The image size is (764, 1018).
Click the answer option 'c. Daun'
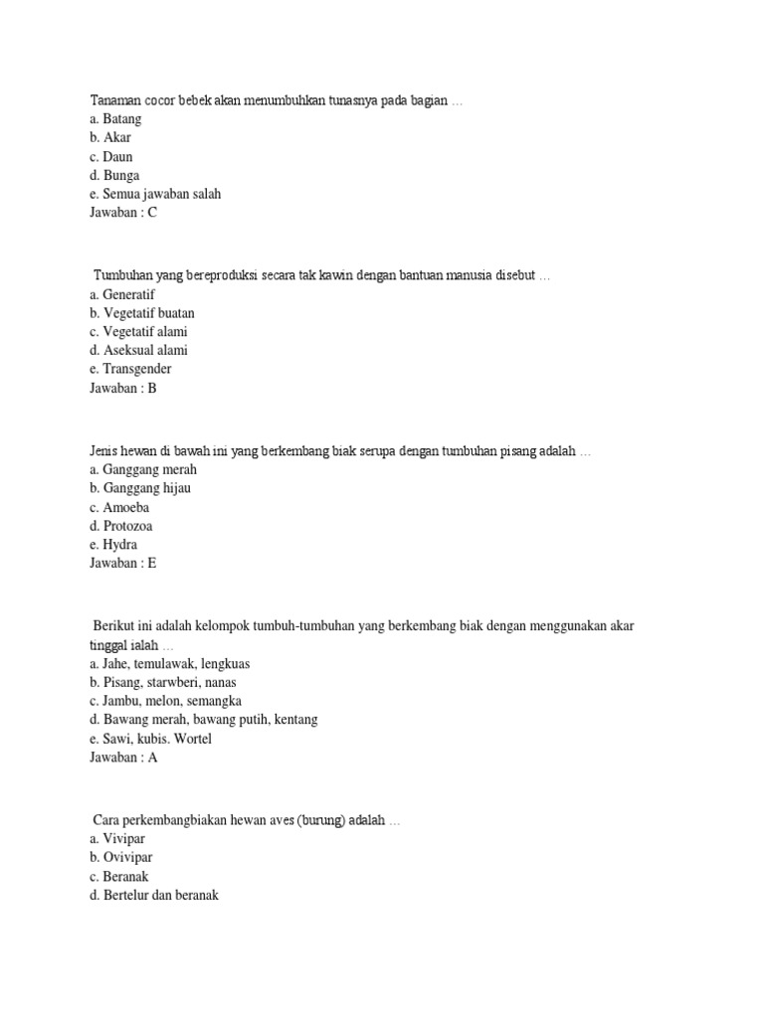pos(110,157)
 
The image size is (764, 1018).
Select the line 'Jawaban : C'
pos(123,213)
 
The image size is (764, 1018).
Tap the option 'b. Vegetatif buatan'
pos(141,313)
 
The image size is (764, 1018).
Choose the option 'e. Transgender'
pos(130,369)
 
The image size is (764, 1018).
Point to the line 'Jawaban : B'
pos(123,389)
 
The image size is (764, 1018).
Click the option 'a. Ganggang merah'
pos(143,469)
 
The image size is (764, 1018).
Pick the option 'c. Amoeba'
pos(119,507)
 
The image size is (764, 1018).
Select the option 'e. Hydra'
pos(113,545)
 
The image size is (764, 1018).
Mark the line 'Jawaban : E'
pos(123,564)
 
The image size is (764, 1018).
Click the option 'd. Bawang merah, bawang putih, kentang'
pos(203,719)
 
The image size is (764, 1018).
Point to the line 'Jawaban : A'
pos(123,758)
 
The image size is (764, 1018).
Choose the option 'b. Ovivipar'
pos(120,857)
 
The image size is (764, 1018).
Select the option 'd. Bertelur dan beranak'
pos(153,895)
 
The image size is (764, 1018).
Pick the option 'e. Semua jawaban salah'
pos(155,194)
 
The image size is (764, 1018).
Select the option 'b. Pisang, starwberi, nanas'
pos(162,682)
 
